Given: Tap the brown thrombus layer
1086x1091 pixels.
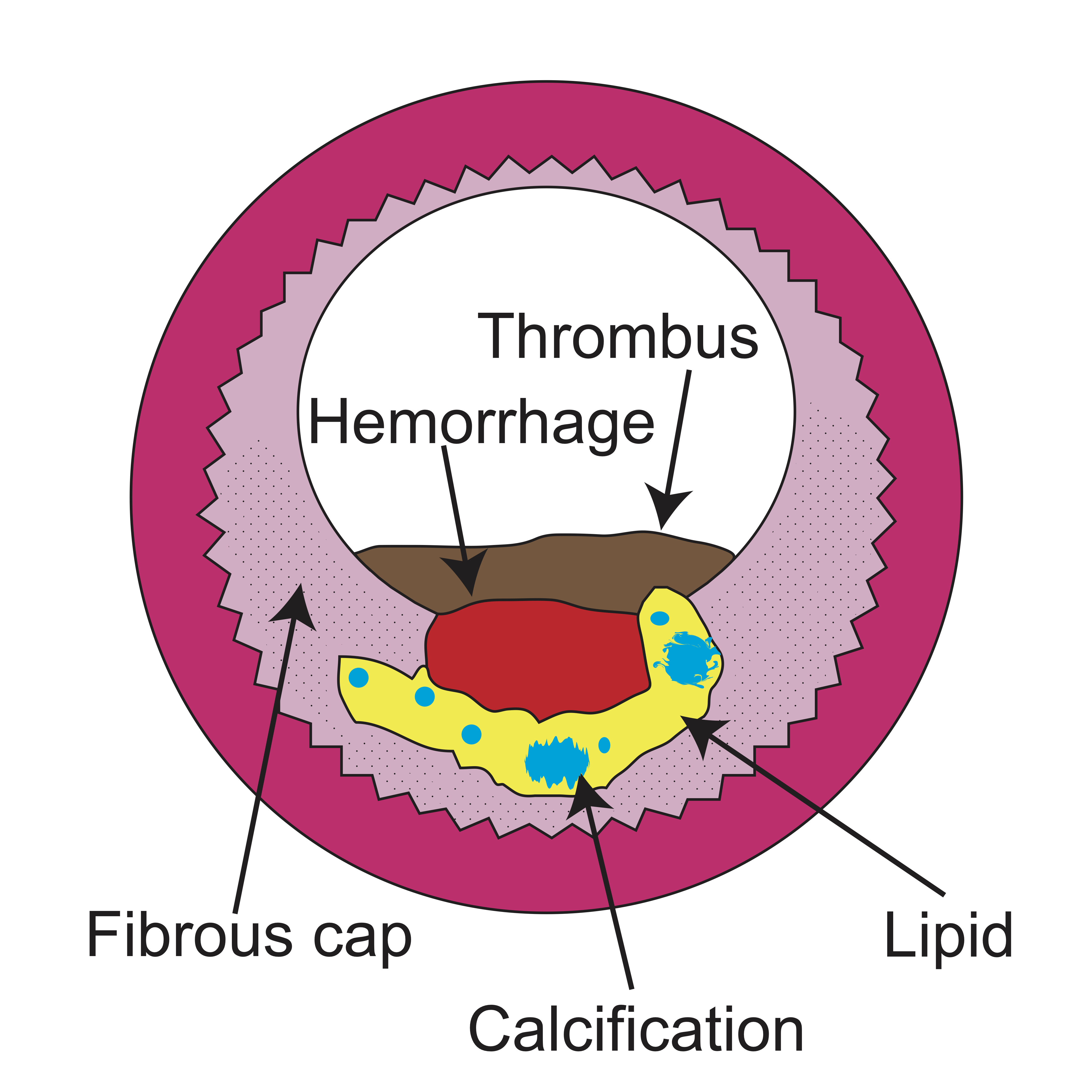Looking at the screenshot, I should coord(565,570).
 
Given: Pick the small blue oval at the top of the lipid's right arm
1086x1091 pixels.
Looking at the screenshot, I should coord(659,618).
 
